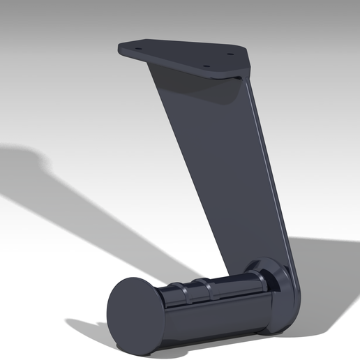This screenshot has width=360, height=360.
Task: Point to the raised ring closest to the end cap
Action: click(x=188, y=292)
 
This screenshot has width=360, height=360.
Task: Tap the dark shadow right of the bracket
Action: click(x=328, y=279)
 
